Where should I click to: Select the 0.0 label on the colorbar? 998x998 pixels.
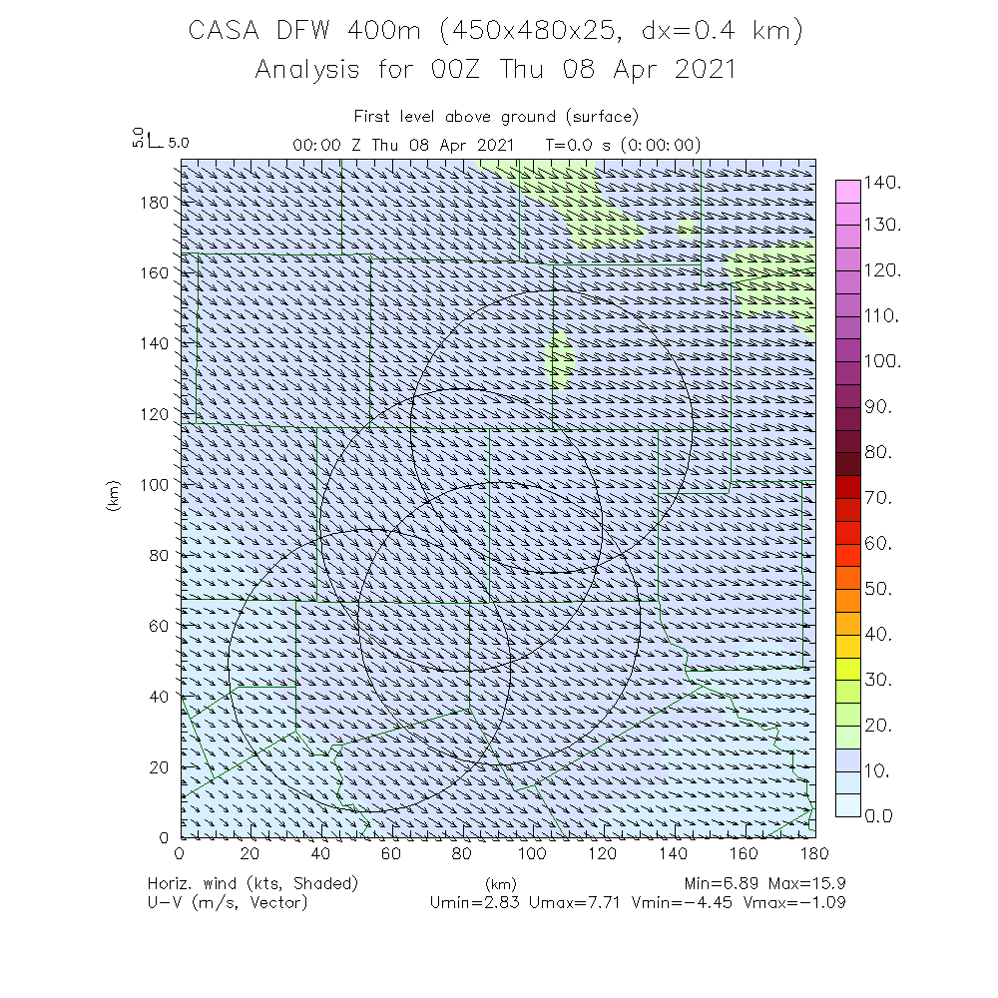click(883, 816)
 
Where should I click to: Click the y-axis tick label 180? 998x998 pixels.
click(157, 201)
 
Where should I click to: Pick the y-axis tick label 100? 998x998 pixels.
click(157, 483)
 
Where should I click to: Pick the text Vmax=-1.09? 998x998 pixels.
click(797, 902)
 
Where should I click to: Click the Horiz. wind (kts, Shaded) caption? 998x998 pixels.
click(252, 884)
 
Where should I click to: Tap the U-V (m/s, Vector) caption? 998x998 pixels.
click(228, 902)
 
